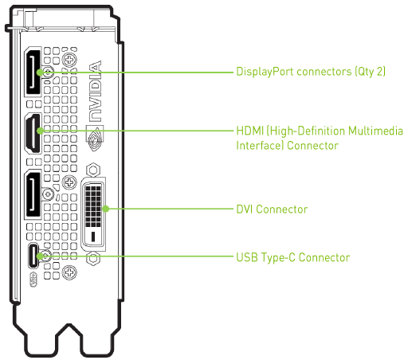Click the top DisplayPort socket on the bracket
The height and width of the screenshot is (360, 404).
point(33,72)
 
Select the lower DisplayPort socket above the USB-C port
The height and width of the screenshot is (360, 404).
point(33,194)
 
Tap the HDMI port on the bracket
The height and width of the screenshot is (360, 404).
point(33,133)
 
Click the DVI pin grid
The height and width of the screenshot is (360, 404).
point(93,206)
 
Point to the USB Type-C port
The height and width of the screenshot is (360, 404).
point(33,256)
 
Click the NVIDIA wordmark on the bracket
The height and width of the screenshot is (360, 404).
point(95,91)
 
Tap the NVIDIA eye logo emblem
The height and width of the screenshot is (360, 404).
point(95,139)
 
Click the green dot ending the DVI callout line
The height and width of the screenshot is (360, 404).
point(106,209)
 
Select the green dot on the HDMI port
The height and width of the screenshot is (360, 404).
point(40,131)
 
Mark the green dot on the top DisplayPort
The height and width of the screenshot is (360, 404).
point(40,72)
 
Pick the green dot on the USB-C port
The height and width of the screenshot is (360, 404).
point(40,256)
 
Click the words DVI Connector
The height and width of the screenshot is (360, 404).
point(272,209)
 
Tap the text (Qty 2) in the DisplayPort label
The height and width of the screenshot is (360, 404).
point(371,72)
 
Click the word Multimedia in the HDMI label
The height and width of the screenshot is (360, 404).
point(375,131)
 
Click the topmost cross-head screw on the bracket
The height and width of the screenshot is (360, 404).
point(69,60)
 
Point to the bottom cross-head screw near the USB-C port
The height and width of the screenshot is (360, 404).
point(69,272)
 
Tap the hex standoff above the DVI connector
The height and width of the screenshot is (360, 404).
point(93,170)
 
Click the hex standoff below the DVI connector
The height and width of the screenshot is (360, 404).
point(93,258)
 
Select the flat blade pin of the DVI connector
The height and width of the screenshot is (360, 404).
point(93,237)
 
